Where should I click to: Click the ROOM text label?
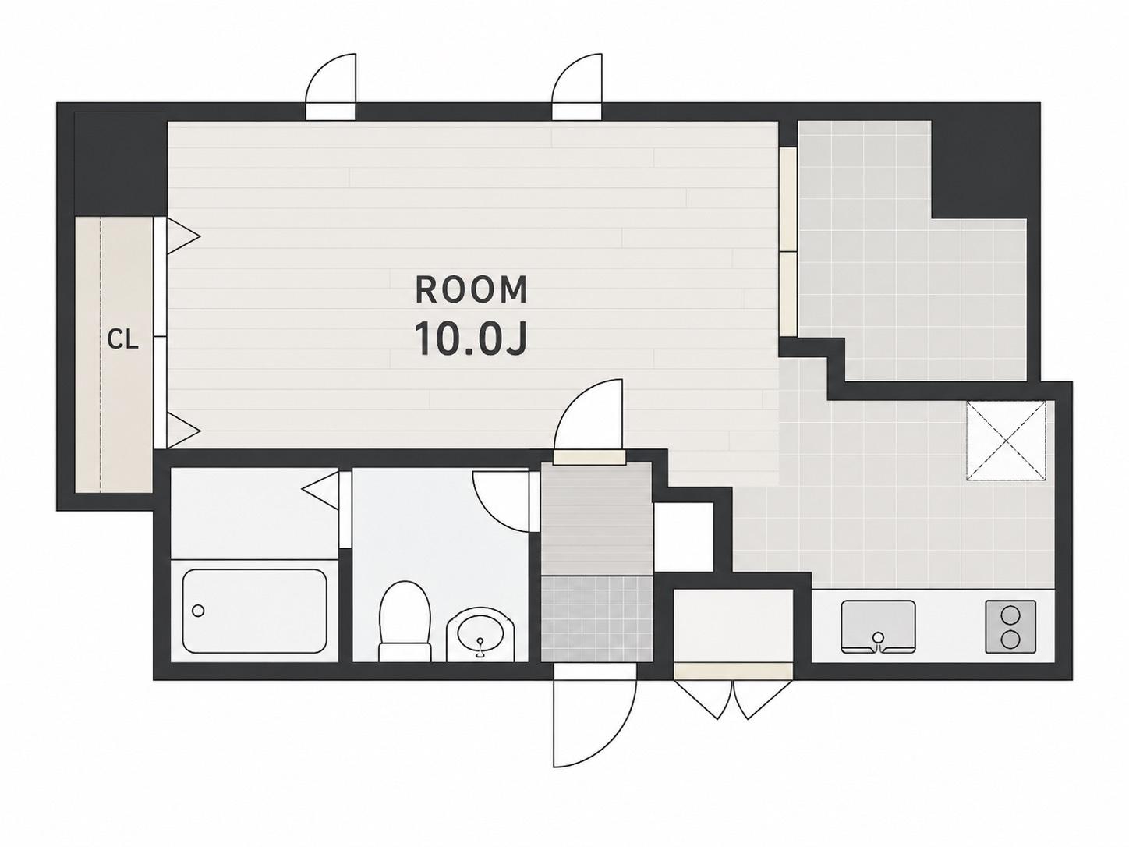tap(471, 290)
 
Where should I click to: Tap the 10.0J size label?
tap(471, 338)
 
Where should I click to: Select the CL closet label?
tap(123, 340)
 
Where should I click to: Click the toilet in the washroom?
tap(405, 621)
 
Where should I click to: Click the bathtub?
tap(255, 611)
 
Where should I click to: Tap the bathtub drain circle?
tap(198, 611)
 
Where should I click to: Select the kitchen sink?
tap(878, 626)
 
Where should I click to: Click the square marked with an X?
tap(1006, 441)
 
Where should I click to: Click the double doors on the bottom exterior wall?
tap(732, 699)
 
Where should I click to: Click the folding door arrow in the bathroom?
tap(321, 491)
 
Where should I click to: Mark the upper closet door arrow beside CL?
tap(183, 236)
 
